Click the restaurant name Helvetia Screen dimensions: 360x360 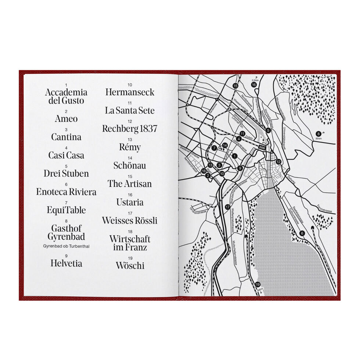(x=66, y=263)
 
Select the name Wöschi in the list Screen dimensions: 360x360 (x=130, y=265)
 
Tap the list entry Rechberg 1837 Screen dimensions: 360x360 (x=130, y=129)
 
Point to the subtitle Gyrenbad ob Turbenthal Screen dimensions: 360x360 (x=66, y=246)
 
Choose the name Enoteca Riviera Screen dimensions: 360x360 (x=66, y=192)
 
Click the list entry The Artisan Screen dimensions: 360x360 (x=130, y=184)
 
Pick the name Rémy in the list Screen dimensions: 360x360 (x=130, y=148)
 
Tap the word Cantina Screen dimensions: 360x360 (x=66, y=137)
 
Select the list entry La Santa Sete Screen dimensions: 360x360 (x=130, y=110)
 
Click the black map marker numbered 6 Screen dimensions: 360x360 (x=302, y=233)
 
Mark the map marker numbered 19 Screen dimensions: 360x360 (x=258, y=285)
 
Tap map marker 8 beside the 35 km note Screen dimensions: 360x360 (x=318, y=133)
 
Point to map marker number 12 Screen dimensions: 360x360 (x=278, y=162)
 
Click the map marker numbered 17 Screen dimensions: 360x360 (x=228, y=207)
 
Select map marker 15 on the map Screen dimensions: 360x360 (x=235, y=86)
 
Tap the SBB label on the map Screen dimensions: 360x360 (x=262, y=147)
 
